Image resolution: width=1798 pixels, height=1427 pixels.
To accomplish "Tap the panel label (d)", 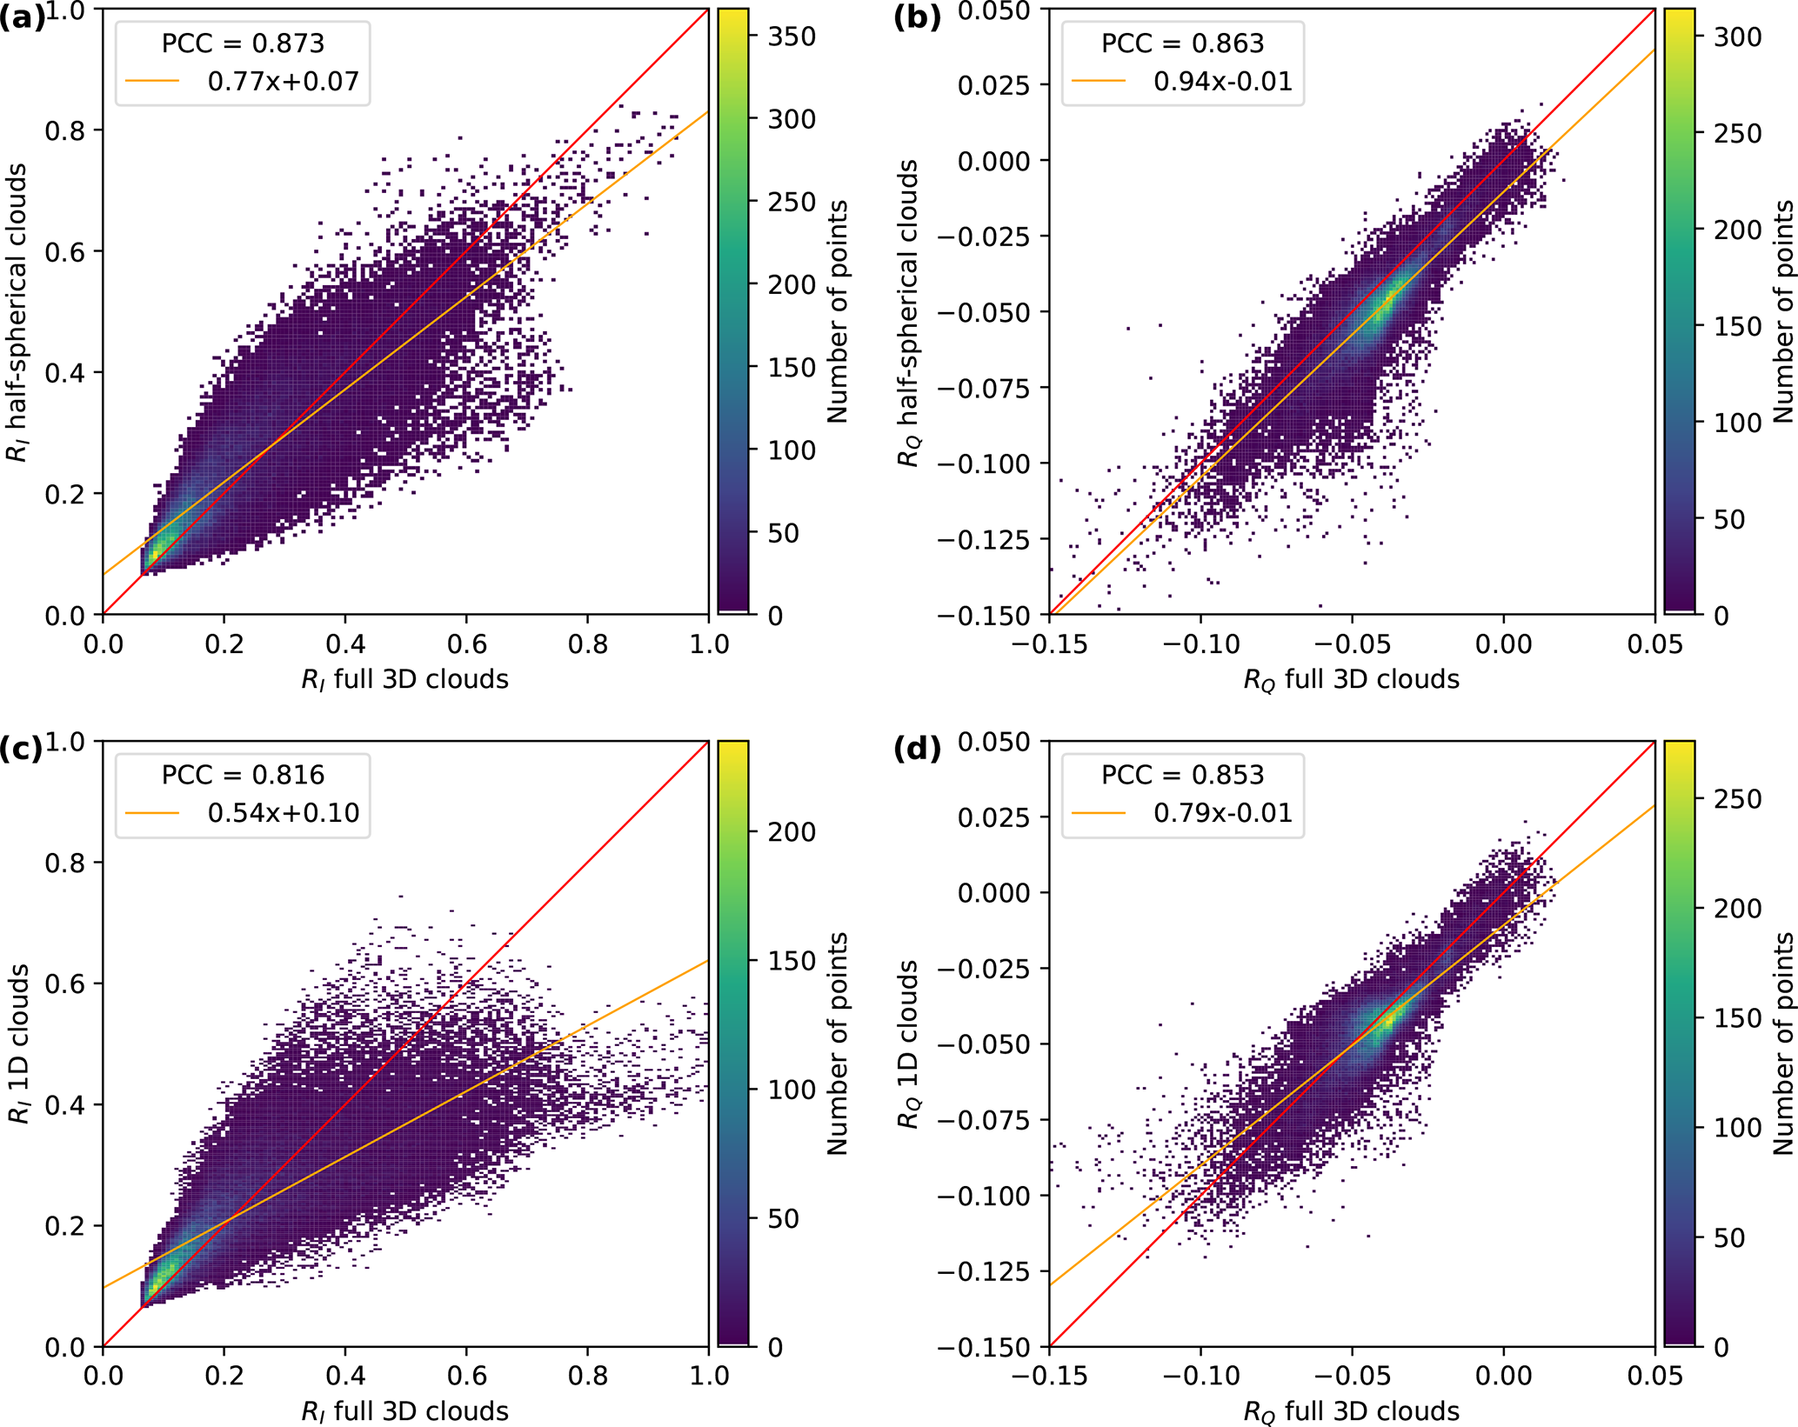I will point(917,750).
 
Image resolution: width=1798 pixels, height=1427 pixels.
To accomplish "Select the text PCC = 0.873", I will point(243,43).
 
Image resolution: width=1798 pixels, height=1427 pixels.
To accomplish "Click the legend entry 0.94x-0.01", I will point(1222,82).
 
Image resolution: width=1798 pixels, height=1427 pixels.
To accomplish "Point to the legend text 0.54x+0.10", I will point(283,813).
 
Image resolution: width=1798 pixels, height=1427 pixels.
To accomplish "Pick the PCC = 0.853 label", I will point(1182,775).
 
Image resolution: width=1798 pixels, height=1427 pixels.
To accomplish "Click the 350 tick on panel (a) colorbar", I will point(792,37).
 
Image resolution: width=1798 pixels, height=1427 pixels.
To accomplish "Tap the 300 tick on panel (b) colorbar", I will point(1737,37).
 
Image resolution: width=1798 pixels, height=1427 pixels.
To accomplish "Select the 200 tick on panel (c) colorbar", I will point(792,832).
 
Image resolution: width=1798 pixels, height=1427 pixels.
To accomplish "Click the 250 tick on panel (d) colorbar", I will point(1737,798).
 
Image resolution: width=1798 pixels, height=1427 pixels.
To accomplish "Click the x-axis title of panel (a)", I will point(404,679).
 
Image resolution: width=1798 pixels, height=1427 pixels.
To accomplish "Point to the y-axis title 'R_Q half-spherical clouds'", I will point(909,313).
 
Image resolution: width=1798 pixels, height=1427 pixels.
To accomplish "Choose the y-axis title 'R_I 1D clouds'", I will point(19,1044).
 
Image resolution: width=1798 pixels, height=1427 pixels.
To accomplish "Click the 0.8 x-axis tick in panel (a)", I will point(587,644).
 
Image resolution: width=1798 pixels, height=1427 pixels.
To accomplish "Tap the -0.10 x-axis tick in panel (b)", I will point(1200,644).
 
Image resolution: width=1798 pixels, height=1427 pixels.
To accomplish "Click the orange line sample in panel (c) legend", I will point(151,813).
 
